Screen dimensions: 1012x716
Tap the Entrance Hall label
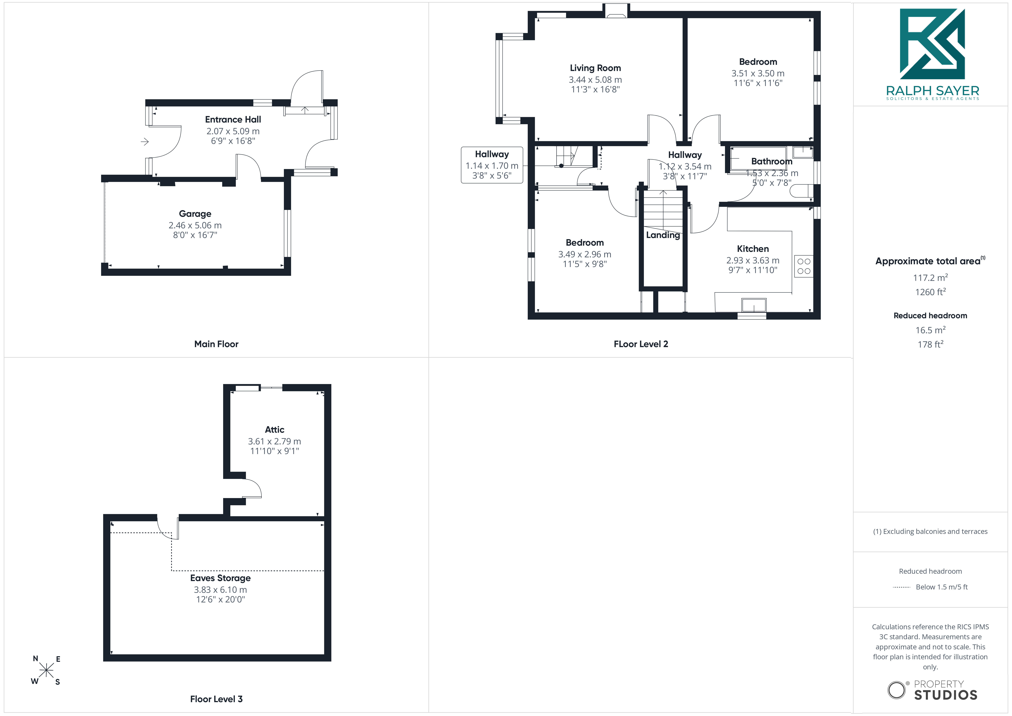click(233, 120)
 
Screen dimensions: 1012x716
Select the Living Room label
click(595, 68)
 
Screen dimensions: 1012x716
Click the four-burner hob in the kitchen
click(804, 266)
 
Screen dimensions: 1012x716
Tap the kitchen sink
click(754, 305)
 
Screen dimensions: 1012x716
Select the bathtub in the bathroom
click(758, 158)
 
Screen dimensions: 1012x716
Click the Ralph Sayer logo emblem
click(932, 44)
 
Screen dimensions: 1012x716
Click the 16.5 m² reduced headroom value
click(930, 330)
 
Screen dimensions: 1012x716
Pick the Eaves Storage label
click(220, 578)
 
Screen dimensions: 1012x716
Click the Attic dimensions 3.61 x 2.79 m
click(274, 441)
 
